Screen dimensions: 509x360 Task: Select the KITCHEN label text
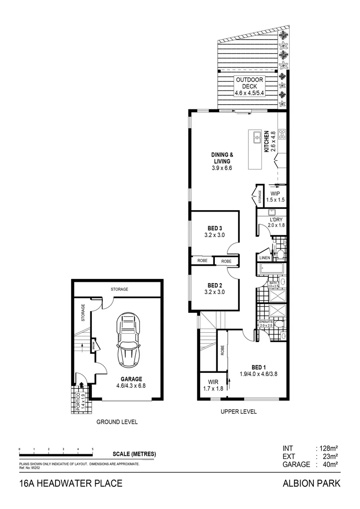point(266,141)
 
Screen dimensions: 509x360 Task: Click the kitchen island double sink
point(257,138)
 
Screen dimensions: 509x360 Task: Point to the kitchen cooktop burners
point(283,134)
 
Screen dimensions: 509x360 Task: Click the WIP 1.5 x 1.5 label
point(276,197)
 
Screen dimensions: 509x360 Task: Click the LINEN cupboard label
point(264,258)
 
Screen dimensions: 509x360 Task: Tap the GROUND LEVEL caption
point(117,422)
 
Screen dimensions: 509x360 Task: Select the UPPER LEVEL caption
point(238,411)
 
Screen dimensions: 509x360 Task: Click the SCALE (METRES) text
point(134,454)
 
